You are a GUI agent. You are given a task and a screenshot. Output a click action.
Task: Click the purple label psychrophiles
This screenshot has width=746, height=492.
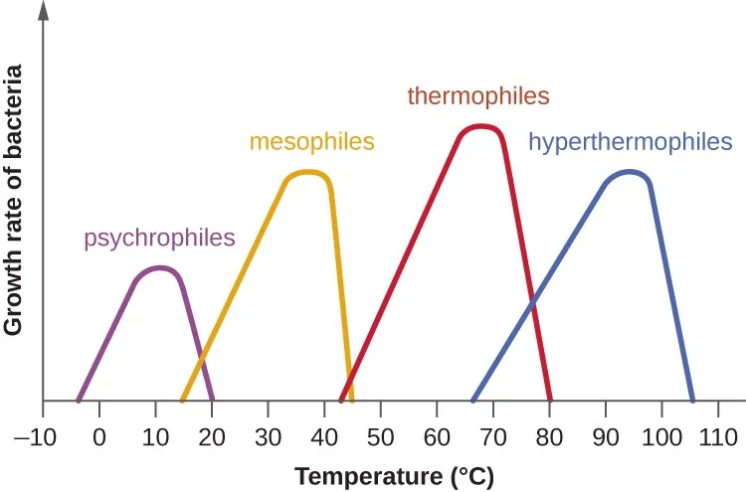click(159, 238)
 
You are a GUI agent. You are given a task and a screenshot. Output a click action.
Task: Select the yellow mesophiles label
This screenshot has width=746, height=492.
click(311, 141)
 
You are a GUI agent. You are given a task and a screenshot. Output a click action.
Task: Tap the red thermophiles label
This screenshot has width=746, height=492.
click(478, 96)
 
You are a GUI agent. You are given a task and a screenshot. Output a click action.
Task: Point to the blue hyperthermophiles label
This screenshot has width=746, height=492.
click(630, 141)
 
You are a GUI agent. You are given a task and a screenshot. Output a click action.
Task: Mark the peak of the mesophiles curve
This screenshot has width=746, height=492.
click(308, 172)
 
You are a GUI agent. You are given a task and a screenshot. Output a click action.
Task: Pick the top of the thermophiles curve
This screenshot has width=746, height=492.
click(481, 126)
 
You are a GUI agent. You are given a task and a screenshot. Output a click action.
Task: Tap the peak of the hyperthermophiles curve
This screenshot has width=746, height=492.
click(629, 171)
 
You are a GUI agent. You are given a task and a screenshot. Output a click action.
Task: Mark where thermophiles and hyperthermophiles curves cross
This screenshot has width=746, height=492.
click(533, 297)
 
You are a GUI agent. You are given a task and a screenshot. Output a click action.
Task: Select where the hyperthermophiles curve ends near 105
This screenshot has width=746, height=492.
click(691, 400)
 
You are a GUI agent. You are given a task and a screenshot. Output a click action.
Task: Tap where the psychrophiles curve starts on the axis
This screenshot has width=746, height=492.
click(78, 400)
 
